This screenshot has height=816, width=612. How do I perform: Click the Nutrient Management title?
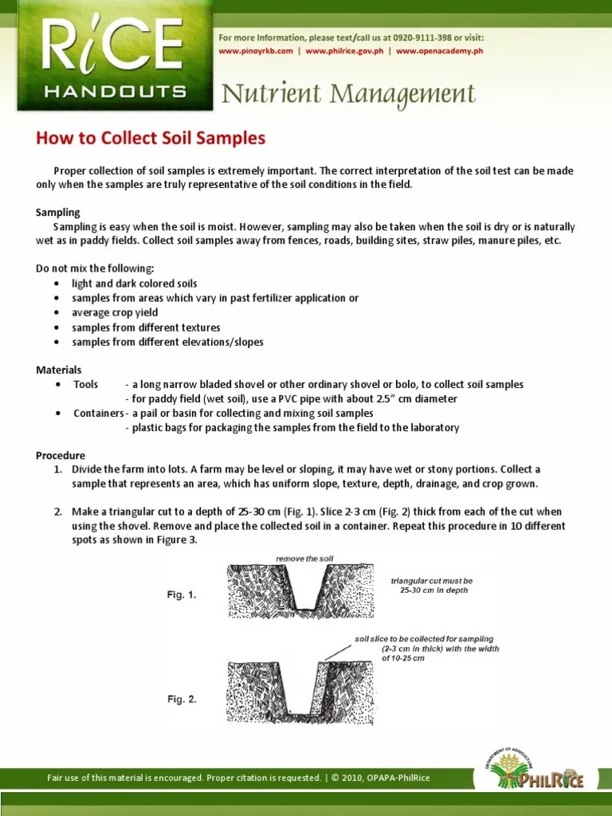[348, 94]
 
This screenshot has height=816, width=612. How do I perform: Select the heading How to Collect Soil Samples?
[150, 138]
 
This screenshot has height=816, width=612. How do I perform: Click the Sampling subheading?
[58, 213]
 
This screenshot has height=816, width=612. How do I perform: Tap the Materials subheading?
[59, 370]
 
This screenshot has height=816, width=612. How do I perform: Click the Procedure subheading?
[61, 455]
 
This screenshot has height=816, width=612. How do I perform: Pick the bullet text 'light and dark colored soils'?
[134, 284]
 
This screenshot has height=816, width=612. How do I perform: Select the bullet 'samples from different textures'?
[146, 328]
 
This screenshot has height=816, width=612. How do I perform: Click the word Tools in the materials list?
[86, 384]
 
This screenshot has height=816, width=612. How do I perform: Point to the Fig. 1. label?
[181, 595]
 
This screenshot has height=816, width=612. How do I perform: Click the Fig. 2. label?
[181, 699]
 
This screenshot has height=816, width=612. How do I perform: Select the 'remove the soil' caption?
[304, 559]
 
